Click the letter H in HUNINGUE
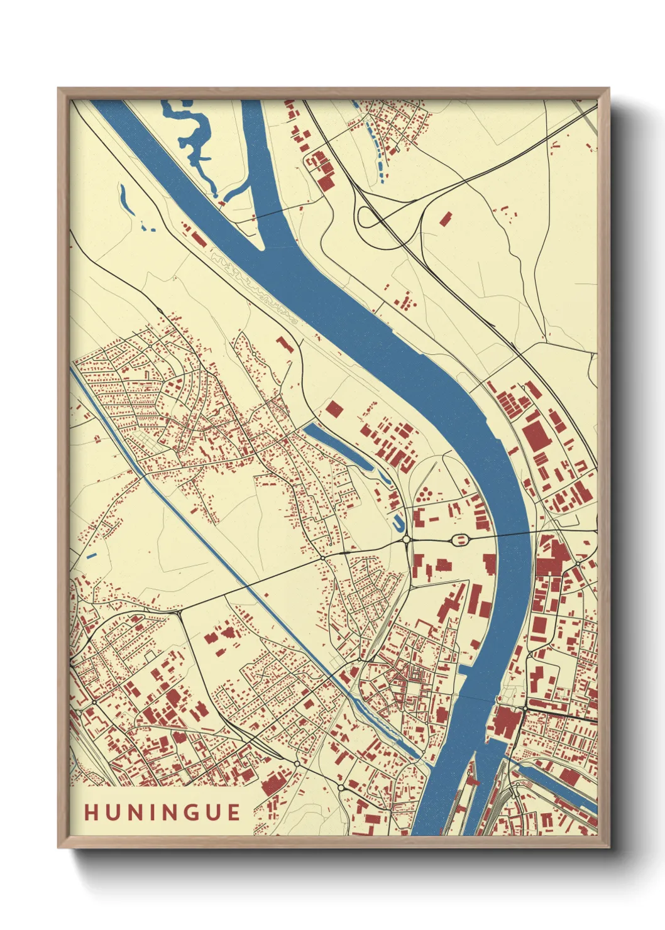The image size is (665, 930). click(x=91, y=812)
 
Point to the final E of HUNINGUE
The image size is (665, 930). click(x=234, y=812)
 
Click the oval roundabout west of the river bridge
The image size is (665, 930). click(x=461, y=539)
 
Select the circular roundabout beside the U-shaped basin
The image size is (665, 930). click(x=407, y=539)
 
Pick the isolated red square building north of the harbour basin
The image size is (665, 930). click(x=334, y=409)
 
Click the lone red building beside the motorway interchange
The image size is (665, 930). click(x=445, y=219)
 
